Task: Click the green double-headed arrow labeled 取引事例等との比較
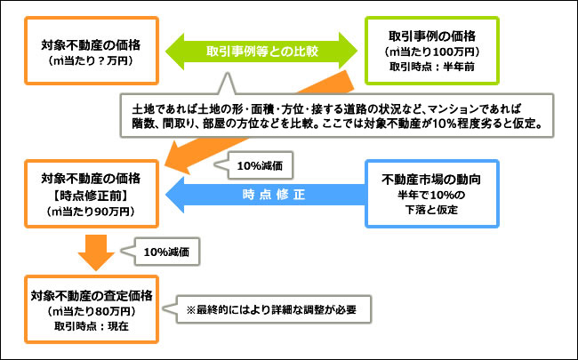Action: point(261,52)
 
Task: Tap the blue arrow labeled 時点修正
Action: point(265,195)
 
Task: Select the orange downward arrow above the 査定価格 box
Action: point(96,252)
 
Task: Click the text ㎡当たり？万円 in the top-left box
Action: point(91,60)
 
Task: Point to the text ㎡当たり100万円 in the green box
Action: point(431,52)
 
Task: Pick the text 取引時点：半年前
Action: point(431,67)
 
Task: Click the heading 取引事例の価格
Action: point(432,36)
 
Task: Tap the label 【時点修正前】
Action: point(91,196)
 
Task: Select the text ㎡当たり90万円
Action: point(91,212)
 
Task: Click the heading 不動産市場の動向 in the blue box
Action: point(431,180)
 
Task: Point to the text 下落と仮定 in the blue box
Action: point(431,210)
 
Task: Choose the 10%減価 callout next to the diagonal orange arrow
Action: point(260,166)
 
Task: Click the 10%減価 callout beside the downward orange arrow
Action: point(166,252)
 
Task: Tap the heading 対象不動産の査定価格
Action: point(92,296)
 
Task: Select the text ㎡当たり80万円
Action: point(91,311)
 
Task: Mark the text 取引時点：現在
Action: point(92,326)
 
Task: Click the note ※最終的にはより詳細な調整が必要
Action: point(271,309)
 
